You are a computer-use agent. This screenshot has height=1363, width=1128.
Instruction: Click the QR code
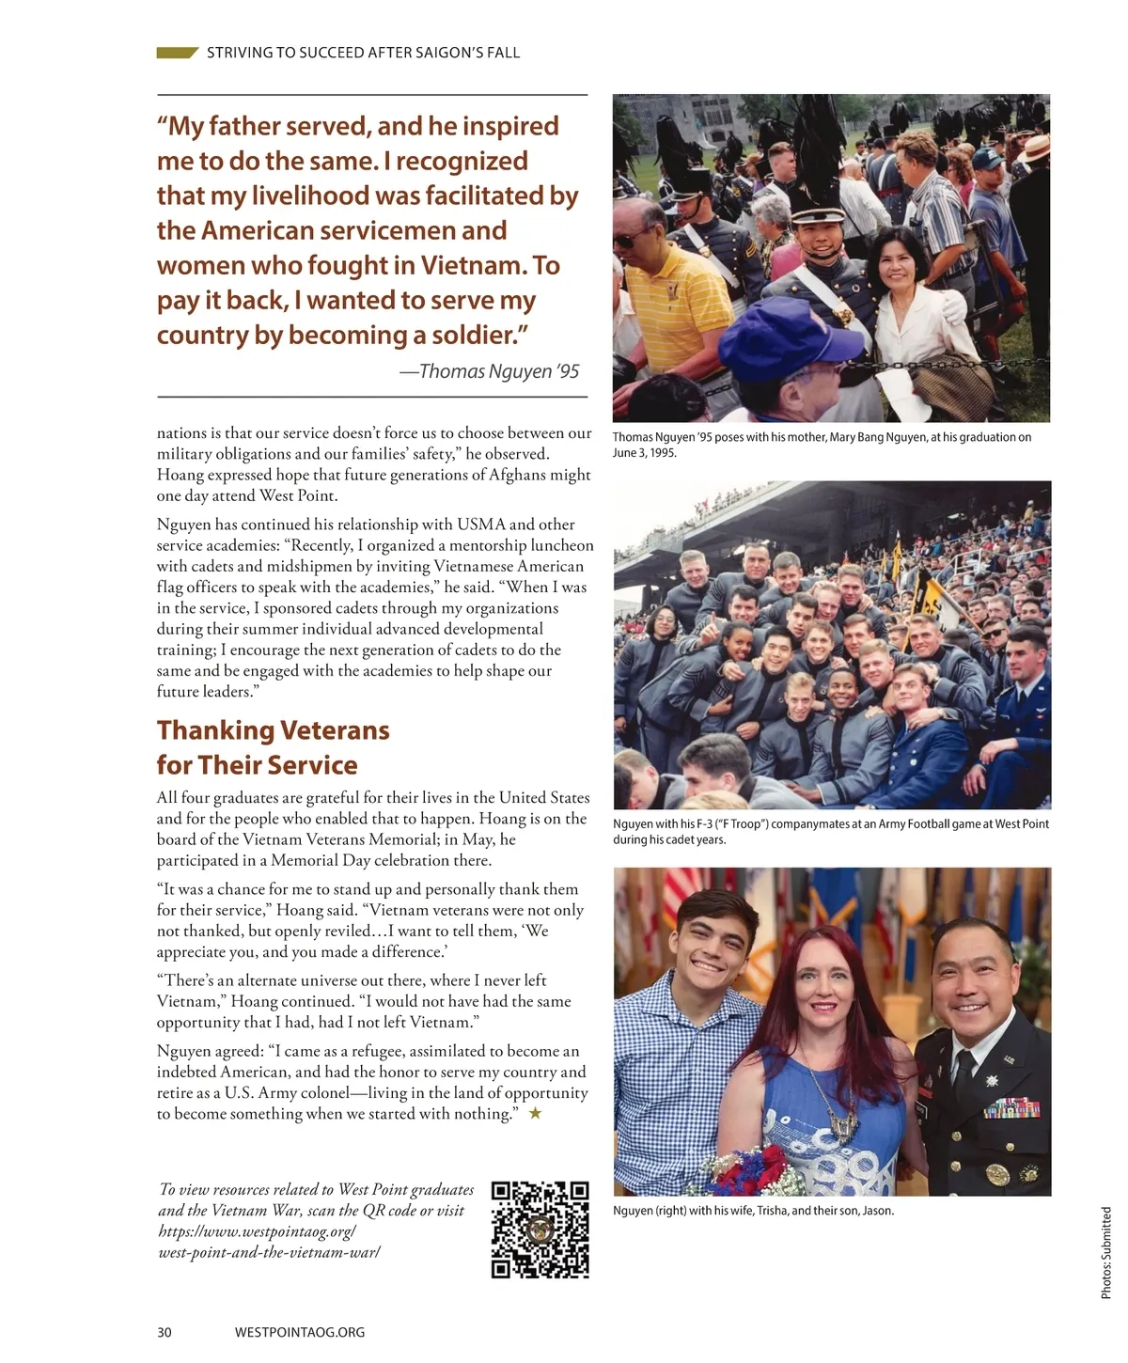pos(540,1230)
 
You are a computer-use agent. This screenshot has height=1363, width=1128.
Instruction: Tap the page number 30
pos(164,1332)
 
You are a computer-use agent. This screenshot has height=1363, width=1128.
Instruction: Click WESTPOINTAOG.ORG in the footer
pos(299,1332)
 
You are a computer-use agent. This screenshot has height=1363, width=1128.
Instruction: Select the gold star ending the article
pos(535,1114)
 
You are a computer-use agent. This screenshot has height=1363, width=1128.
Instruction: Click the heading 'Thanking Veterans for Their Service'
pos(273,747)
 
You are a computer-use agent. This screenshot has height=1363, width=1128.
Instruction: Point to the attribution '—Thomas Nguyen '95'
pos(489,371)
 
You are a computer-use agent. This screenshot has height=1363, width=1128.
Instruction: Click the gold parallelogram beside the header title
pos(177,53)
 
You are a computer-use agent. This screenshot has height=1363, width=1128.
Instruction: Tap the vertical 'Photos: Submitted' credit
pos(1106,1253)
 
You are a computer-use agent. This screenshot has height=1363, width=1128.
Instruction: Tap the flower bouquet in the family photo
pos(752,1170)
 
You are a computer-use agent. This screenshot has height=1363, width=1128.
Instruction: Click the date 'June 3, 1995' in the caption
pos(645,452)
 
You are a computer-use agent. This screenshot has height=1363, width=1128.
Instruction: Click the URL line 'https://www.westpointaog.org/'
pos(257,1231)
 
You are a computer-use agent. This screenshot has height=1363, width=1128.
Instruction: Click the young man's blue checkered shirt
pos(658,1081)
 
